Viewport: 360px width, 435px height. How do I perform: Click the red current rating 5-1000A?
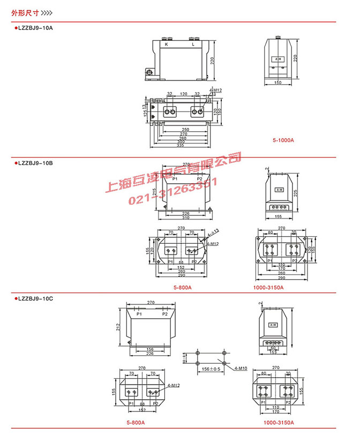pos(283,140)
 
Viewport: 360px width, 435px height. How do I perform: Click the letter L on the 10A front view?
pos(193,45)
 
